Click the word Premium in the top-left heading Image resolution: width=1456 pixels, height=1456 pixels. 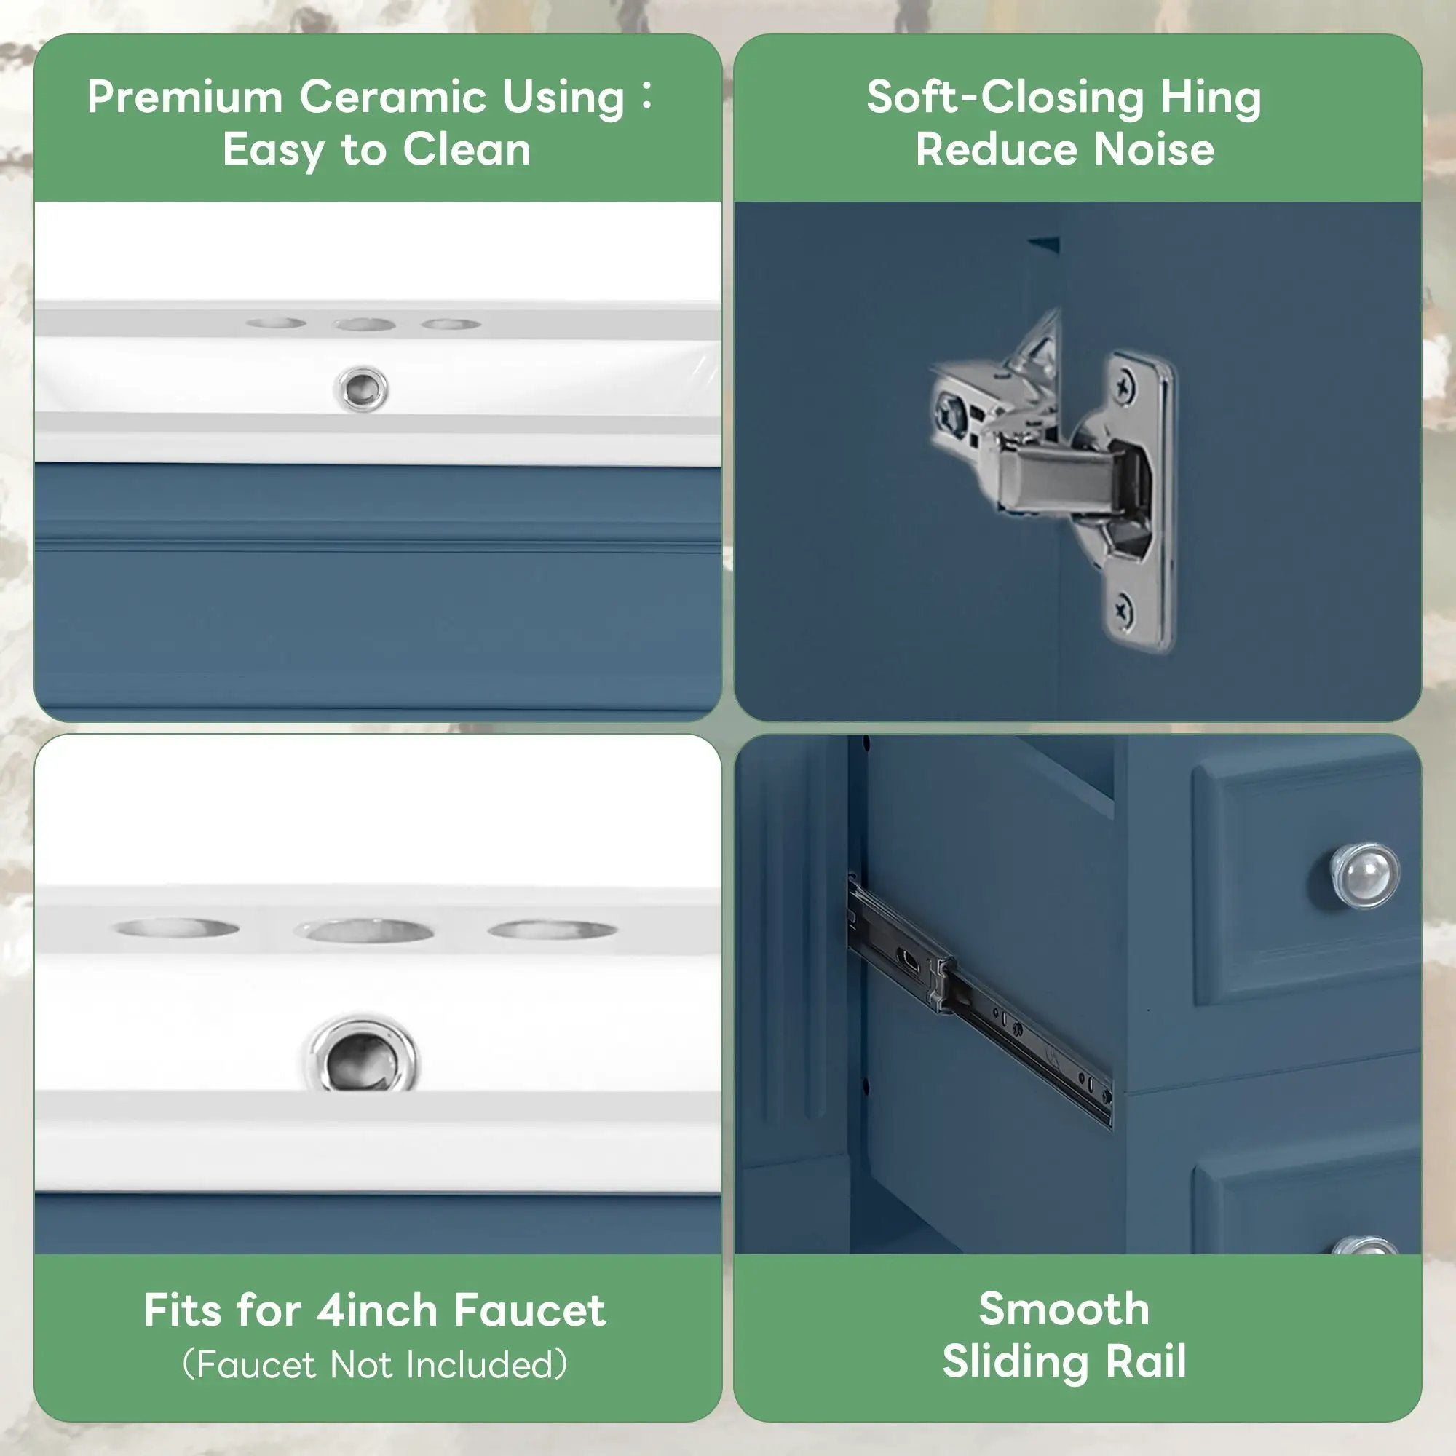pos(186,98)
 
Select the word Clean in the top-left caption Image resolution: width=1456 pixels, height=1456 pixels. pos(467,149)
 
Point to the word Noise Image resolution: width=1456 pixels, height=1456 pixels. pos(1154,149)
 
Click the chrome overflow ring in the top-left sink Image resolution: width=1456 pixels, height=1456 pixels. pos(362,389)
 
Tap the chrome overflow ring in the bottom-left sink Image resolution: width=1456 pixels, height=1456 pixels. pos(362,1053)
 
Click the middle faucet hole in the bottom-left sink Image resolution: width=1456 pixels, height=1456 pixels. pos(364,930)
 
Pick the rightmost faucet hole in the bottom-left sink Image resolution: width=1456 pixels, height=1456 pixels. pos(553,929)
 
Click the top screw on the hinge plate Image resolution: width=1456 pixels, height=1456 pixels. pos(1125,389)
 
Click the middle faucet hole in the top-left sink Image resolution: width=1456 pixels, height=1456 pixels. pos(365,325)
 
